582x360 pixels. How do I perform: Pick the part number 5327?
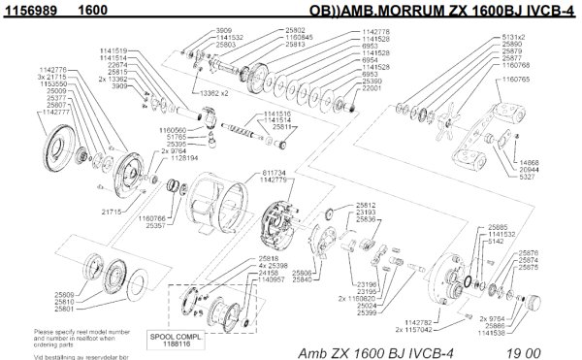point(527,179)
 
